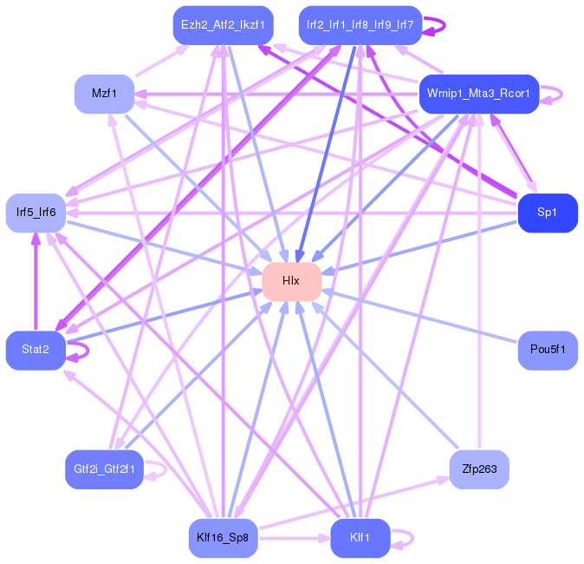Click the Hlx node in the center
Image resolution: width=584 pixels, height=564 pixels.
tap(292, 282)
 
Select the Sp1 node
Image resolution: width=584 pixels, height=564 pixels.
tap(548, 213)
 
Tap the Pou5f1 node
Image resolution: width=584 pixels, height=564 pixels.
tap(548, 351)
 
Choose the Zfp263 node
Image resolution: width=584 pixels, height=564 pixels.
tap(479, 469)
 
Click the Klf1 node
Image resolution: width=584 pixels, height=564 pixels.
tap(360, 538)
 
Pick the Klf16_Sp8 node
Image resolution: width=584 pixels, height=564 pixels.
tap(223, 538)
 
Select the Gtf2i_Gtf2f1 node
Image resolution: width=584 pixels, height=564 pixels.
tap(104, 469)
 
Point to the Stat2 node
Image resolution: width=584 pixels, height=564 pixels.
tap(36, 351)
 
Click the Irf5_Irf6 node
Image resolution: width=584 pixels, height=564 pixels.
tap(36, 213)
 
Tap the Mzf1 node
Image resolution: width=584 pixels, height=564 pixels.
tap(104, 94)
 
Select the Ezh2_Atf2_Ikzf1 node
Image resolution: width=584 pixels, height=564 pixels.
tap(223, 25)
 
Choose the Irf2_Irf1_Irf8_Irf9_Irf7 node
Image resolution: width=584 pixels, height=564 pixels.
tap(360, 25)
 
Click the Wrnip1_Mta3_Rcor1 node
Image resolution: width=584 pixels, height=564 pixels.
tap(479, 94)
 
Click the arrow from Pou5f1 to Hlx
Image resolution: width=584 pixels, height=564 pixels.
tap(419, 317)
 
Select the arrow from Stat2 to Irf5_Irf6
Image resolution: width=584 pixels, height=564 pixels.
tap(36, 281)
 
